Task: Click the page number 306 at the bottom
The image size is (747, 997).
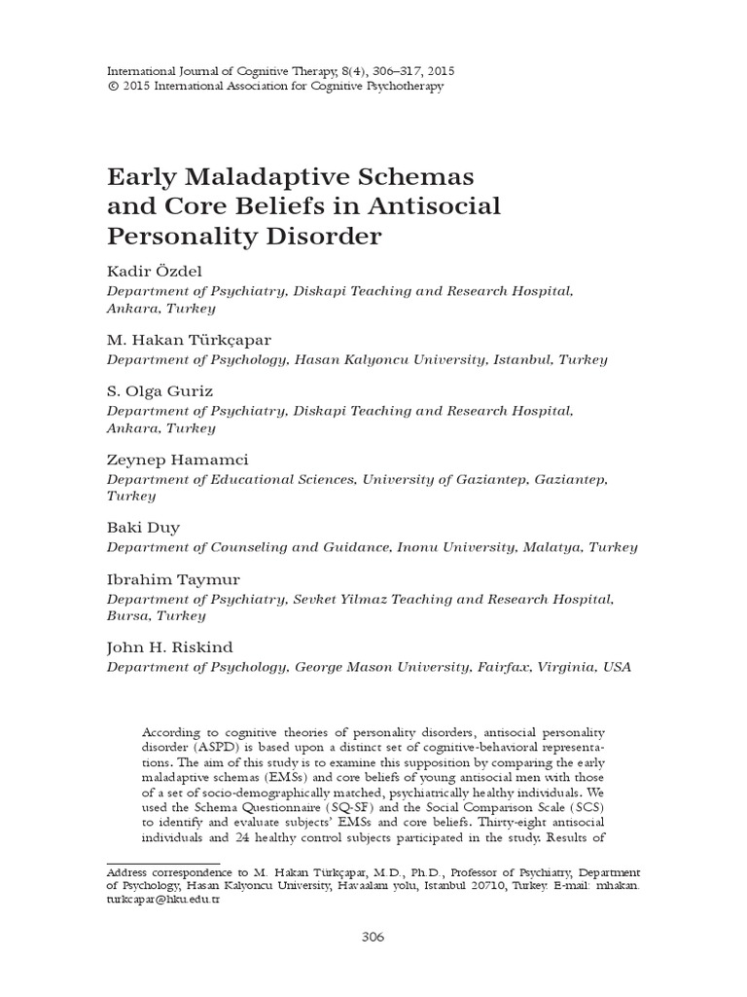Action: [373, 937]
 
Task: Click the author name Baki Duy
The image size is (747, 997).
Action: [143, 528]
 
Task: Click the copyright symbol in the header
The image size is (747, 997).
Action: [111, 86]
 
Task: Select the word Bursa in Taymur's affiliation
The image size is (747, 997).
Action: [127, 616]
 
